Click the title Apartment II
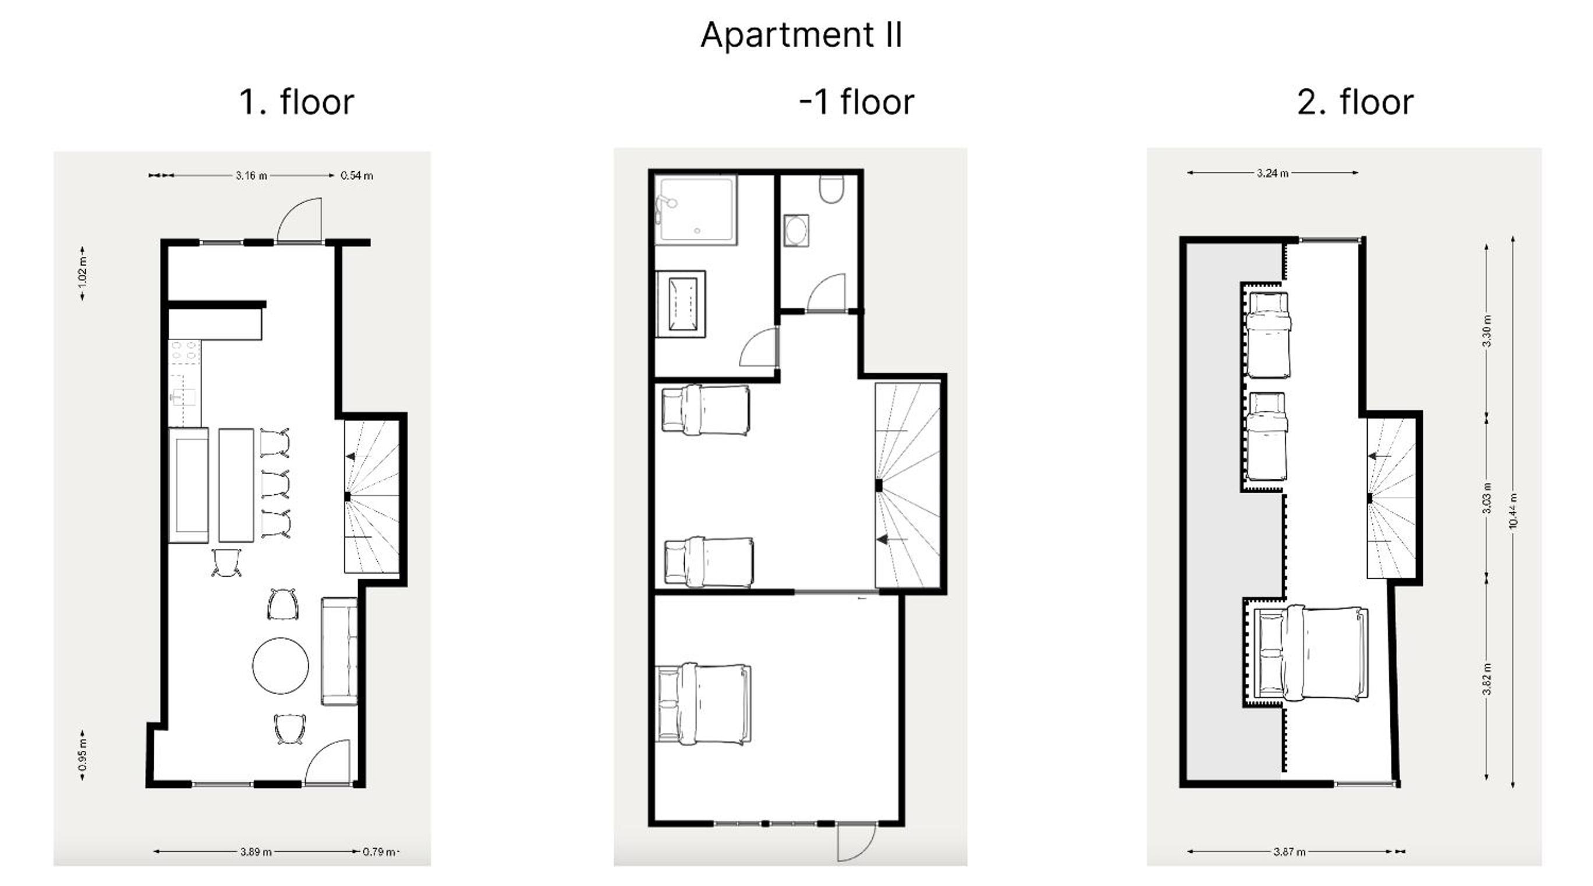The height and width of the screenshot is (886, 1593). (x=801, y=36)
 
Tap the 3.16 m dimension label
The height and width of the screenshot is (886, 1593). (x=251, y=176)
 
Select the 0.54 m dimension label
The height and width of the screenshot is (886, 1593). (x=357, y=176)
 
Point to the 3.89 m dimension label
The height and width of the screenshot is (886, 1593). (x=256, y=852)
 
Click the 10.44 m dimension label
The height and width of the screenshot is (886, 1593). (x=1513, y=510)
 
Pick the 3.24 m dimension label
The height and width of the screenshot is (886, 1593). (x=1273, y=173)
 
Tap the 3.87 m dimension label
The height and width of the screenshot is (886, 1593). (x=1290, y=852)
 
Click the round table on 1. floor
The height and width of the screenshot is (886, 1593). (x=280, y=666)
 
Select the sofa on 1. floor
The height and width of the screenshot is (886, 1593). (x=339, y=651)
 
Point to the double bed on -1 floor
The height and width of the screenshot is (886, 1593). (x=704, y=703)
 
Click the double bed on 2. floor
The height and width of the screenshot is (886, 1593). (x=1305, y=655)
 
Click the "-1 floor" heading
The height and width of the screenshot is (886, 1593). (x=856, y=102)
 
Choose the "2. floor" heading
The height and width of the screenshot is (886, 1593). (x=1355, y=102)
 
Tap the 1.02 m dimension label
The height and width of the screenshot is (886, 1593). (x=82, y=273)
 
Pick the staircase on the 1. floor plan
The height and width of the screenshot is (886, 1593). (x=371, y=497)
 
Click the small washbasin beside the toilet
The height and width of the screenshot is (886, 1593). (x=796, y=231)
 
